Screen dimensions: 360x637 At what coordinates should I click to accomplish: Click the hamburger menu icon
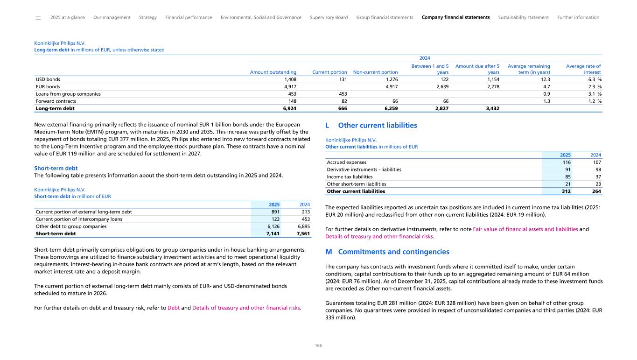(x=38, y=18)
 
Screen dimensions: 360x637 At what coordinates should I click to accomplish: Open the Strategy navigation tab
(x=148, y=17)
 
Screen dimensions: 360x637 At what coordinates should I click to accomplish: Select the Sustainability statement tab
(x=523, y=17)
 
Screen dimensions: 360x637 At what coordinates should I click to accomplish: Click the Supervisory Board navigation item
(x=329, y=17)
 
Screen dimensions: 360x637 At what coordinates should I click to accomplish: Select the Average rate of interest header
(x=583, y=69)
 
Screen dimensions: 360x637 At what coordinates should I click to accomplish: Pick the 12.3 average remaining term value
(x=544, y=79)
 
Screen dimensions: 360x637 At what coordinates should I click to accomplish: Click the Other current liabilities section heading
(x=377, y=126)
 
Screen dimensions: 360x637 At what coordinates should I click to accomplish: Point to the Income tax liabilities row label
(x=350, y=176)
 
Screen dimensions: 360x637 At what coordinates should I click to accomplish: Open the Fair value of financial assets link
(x=525, y=229)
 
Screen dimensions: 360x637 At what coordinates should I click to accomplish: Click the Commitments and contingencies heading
(x=393, y=252)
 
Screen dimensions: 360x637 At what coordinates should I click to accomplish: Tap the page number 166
(x=318, y=346)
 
